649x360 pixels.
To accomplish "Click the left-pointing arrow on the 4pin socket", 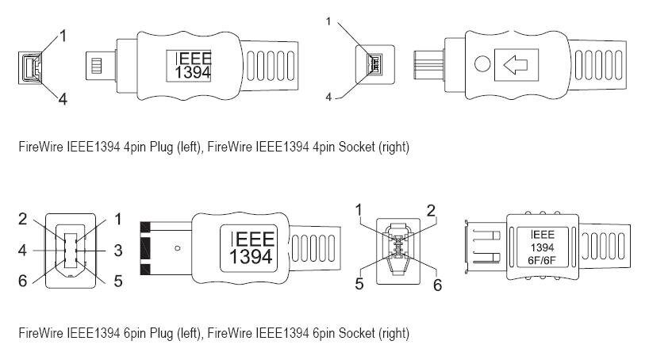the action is click(515, 65).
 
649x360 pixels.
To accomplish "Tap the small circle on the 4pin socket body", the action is click(482, 63).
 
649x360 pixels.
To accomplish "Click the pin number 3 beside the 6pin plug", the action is click(118, 251).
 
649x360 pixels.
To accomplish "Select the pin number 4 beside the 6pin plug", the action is click(22, 251).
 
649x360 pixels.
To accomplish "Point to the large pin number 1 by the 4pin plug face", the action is click(63, 36).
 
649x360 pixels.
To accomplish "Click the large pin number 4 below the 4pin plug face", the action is click(63, 99).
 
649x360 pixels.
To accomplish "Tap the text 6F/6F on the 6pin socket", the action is click(542, 260).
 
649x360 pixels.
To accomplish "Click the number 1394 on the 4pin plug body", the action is click(193, 72).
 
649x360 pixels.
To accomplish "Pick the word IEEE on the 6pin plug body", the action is click(252, 239).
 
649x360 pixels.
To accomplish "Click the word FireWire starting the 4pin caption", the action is click(41, 147).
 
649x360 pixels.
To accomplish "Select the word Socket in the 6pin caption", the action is click(356, 333).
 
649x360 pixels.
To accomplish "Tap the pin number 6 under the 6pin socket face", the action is click(437, 285).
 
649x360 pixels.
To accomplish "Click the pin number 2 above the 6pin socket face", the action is click(432, 211).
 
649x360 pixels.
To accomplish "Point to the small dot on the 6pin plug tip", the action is click(178, 248).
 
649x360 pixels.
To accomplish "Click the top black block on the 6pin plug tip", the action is click(145, 227).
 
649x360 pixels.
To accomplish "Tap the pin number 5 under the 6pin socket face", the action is click(359, 284).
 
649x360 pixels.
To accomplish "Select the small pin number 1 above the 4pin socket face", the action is click(328, 21).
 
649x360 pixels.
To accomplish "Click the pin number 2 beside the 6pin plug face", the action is click(23, 219).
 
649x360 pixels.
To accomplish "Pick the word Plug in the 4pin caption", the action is click(161, 147).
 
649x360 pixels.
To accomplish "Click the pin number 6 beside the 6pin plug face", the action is click(23, 281).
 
